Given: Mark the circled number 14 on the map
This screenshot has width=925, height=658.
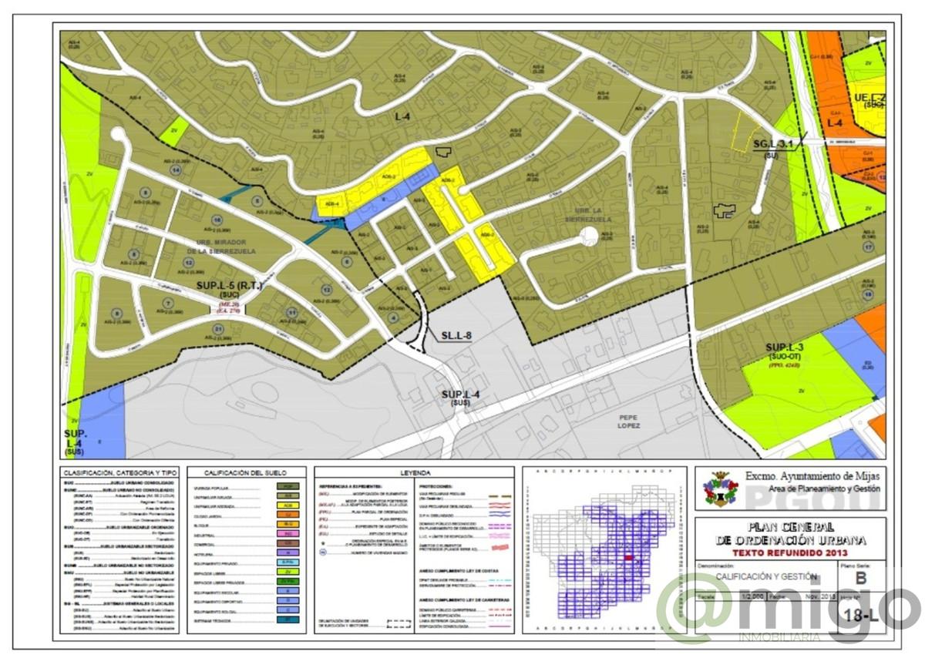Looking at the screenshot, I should pyautogui.click(x=177, y=170).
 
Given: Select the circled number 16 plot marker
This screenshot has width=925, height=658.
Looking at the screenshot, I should pyautogui.click(x=207, y=220).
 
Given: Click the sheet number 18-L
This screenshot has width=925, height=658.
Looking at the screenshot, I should pyautogui.click(x=862, y=615).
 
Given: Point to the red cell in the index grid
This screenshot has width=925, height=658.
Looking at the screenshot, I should pyautogui.click(x=628, y=558).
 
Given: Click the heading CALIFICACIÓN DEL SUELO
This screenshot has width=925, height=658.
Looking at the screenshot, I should pyautogui.click(x=245, y=472).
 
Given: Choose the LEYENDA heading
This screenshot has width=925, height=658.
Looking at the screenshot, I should pyautogui.click(x=415, y=472).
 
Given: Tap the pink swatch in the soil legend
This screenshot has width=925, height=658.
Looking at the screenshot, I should pyautogui.click(x=287, y=532).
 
